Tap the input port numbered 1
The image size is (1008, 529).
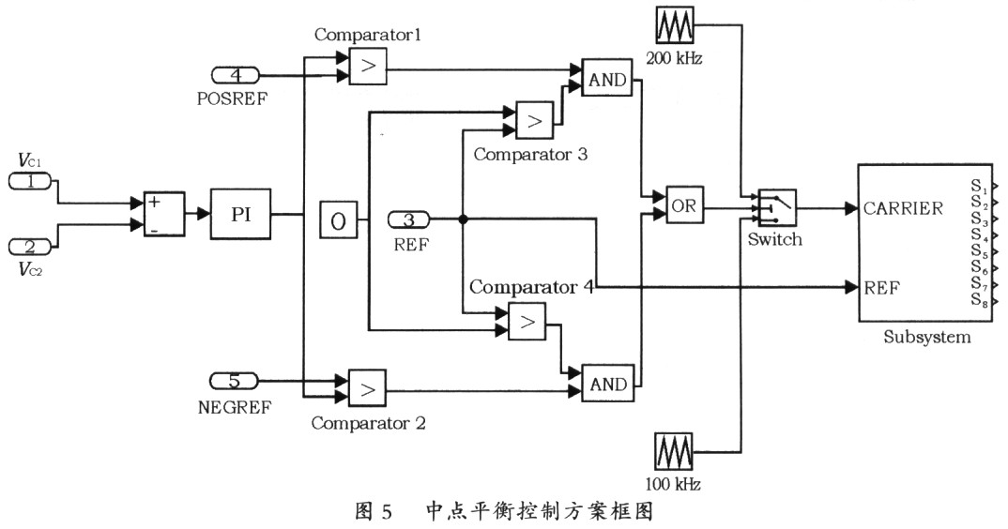pyautogui.click(x=31, y=181)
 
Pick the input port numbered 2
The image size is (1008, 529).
pyautogui.click(x=31, y=246)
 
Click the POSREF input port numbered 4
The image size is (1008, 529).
pyautogui.click(x=236, y=74)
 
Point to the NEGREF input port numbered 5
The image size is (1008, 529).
pyautogui.click(x=235, y=380)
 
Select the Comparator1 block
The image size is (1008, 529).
pyautogui.click(x=368, y=67)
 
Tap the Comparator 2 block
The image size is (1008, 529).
pyautogui.click(x=367, y=385)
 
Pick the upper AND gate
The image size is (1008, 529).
pyautogui.click(x=606, y=80)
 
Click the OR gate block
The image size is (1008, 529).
pyautogui.click(x=685, y=206)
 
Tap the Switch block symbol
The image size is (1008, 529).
pyautogui.click(x=774, y=206)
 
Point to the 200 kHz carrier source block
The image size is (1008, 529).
pyautogui.click(x=672, y=27)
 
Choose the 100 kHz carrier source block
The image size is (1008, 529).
pyautogui.click(x=672, y=455)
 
